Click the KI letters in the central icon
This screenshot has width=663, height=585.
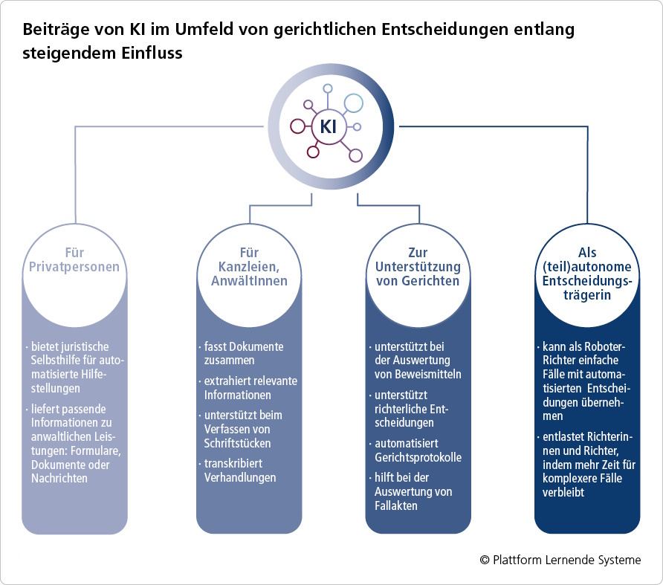328,126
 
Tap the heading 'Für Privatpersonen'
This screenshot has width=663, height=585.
74,259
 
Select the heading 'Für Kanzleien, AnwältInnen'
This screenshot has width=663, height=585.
249,267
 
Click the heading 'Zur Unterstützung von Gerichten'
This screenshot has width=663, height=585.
418,267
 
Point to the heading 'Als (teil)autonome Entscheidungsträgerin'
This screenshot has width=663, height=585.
587,274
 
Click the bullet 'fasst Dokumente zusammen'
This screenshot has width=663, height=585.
244,353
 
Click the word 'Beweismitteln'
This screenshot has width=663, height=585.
432,374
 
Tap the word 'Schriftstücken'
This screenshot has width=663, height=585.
237,443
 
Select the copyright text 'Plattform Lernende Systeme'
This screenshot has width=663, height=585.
566,560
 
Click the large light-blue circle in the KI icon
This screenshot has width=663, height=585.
354,103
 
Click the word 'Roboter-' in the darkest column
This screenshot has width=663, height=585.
605,346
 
